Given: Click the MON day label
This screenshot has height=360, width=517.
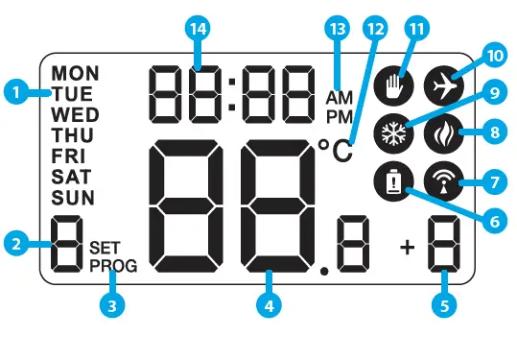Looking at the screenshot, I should click(x=75, y=73).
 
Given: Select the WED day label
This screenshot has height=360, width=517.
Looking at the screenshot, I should click(x=75, y=114).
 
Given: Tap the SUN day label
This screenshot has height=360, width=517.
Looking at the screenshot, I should click(x=74, y=199).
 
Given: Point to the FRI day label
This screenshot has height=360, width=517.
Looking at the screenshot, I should click(x=70, y=156).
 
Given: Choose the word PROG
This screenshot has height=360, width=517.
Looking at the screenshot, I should click(x=114, y=267).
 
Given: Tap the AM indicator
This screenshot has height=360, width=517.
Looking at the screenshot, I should click(x=340, y=98).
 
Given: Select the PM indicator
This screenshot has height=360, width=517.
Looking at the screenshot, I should click(x=340, y=116).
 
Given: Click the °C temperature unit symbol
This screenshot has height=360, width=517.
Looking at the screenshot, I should click(x=335, y=150).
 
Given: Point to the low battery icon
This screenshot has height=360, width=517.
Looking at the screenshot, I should click(x=390, y=180).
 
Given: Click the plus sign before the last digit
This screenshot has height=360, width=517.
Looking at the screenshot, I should click(x=408, y=248).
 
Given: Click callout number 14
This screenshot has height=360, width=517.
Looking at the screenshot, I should click(x=199, y=30).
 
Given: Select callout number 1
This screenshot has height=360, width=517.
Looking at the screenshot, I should click(x=13, y=93).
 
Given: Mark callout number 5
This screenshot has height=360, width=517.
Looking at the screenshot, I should click(x=442, y=306).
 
